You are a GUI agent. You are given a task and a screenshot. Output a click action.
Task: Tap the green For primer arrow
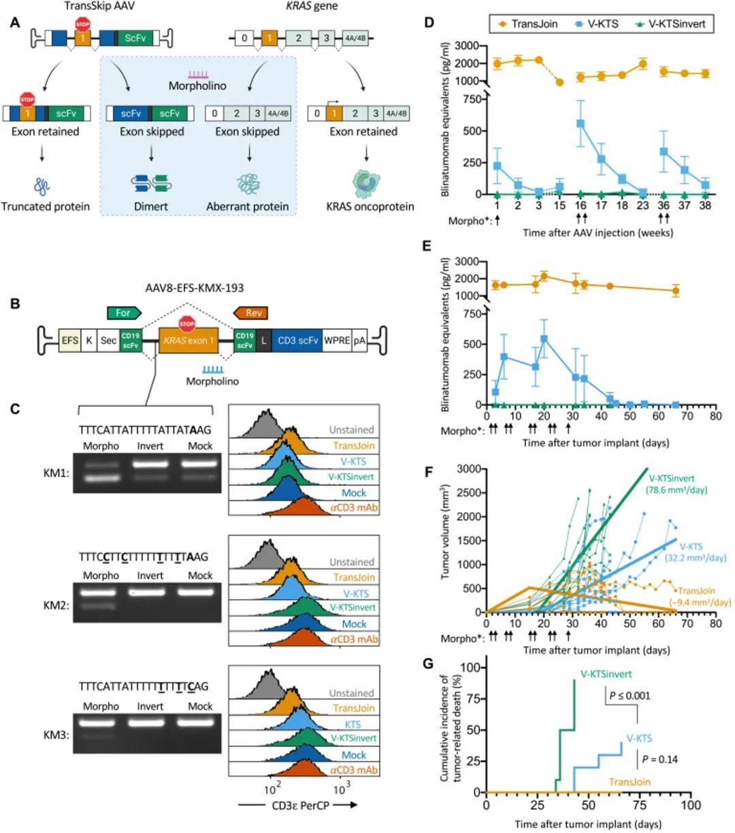(x=124, y=313)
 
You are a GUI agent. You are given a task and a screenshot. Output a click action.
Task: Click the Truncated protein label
(x=45, y=206)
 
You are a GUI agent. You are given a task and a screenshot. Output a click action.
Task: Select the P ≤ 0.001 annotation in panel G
(x=630, y=695)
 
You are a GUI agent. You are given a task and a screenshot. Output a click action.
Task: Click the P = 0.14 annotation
(x=659, y=759)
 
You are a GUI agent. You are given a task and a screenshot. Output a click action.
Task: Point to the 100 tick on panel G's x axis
(x=691, y=805)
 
